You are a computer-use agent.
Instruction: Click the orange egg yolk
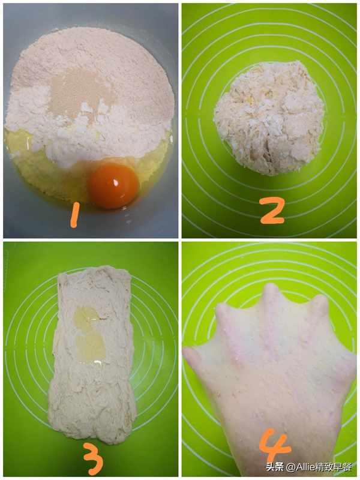114,185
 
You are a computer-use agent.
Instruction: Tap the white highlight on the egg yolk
116,184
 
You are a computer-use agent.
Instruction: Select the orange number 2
272,211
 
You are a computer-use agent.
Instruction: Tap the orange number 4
275,445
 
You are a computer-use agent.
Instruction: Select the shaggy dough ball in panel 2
269,118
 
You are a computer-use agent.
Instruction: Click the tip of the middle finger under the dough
271,289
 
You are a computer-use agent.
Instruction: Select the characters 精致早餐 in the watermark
334,467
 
